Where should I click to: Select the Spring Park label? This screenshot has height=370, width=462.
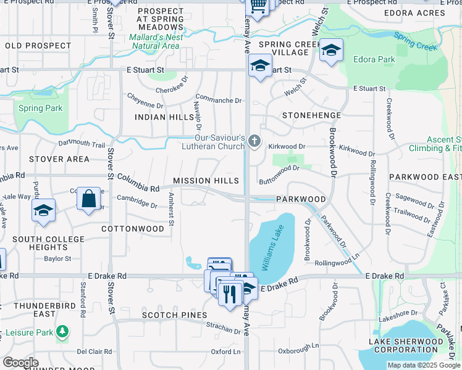[40, 109]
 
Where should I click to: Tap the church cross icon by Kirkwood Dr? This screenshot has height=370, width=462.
[254, 142]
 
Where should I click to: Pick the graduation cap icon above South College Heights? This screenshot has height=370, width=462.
[43, 211]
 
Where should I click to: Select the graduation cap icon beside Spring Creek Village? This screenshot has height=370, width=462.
[331, 51]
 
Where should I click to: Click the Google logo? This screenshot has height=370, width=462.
[20, 363]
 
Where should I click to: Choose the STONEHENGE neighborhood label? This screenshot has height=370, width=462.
[311, 115]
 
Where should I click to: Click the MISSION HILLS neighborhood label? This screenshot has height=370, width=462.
[206, 181]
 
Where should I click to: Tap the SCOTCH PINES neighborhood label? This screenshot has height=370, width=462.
[174, 315]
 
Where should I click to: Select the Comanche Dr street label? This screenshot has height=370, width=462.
[219, 99]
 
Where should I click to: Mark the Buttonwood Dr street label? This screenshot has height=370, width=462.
[279, 175]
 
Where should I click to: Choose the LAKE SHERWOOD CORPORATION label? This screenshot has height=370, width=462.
[406, 345]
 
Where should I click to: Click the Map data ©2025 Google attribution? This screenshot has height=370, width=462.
[424, 365]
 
